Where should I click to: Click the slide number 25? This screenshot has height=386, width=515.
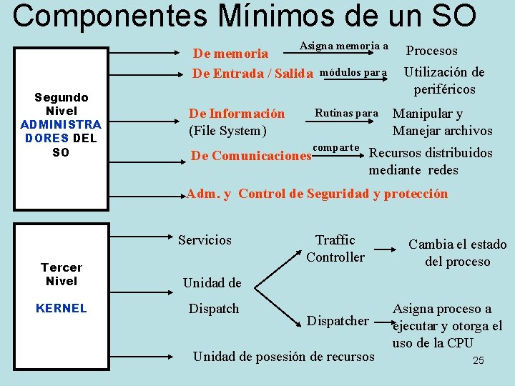[479, 360]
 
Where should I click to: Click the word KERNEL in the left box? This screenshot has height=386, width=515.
[62, 308]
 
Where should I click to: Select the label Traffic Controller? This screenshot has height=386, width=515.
[335, 248]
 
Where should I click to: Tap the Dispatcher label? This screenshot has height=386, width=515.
[337, 321]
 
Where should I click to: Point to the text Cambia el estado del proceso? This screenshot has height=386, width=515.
[457, 252]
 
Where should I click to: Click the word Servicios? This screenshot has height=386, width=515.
[205, 240]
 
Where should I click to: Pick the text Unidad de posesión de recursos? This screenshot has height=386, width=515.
[284, 356]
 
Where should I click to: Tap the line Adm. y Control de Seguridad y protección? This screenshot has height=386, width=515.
[317, 194]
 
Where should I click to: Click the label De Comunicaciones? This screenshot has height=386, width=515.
[250, 155]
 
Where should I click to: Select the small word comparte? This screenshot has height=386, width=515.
[336, 147]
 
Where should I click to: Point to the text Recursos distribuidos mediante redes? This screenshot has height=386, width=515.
[430, 161]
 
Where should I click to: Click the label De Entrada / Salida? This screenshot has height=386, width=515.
[253, 74]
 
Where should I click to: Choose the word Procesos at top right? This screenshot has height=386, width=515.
[432, 51]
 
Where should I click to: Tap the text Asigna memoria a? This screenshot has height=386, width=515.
[343, 46]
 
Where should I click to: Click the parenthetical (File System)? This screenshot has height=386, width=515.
[227, 131]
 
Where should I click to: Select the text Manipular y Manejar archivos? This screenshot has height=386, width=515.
[442, 122]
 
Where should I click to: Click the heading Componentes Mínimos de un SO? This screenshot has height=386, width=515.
[244, 16]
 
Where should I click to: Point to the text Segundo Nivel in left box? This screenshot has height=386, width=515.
[62, 104]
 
